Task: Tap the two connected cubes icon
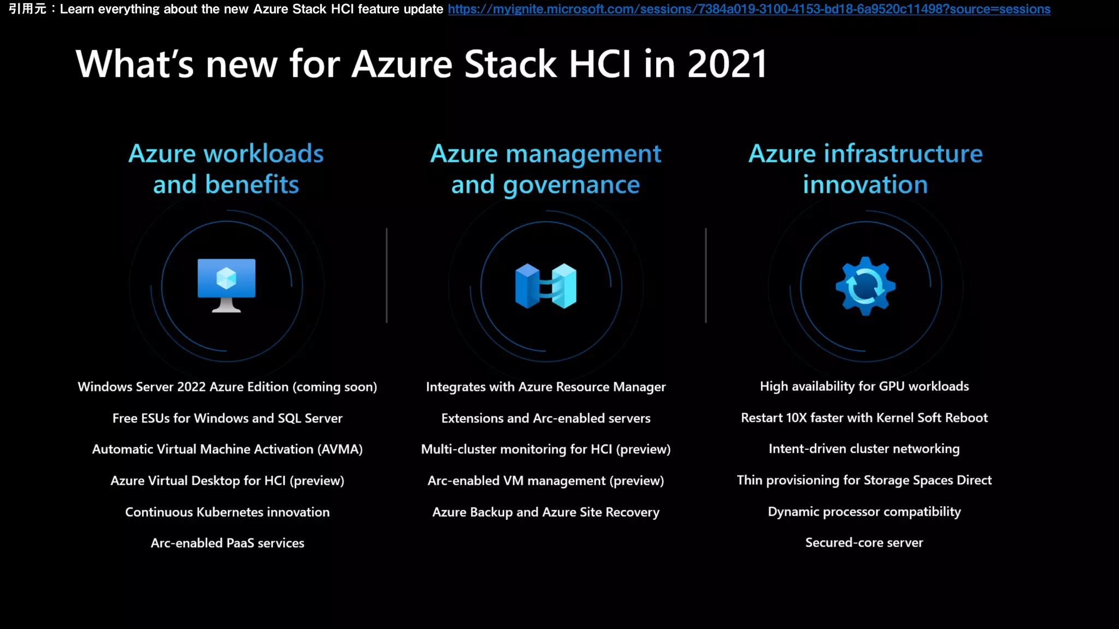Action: point(545,286)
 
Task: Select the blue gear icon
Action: point(865,286)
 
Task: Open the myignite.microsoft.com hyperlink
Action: point(749,9)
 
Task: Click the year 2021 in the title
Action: point(727,64)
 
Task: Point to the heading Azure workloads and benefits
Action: point(226,169)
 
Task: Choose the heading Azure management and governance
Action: point(545,169)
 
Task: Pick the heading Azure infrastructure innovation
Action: point(865,169)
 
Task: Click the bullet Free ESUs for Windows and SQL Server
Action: point(227,418)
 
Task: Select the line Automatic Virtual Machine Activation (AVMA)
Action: point(227,449)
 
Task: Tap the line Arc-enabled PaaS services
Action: point(227,543)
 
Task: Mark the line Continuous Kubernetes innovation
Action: point(227,512)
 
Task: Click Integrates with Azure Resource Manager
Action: point(545,387)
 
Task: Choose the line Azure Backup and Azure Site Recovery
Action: point(545,512)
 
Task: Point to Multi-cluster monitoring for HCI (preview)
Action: point(545,449)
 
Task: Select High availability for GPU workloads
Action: point(864,387)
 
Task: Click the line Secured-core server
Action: point(864,543)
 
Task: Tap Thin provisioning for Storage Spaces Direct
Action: point(864,480)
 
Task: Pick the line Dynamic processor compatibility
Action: point(864,512)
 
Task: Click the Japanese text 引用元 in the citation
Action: point(27,9)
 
